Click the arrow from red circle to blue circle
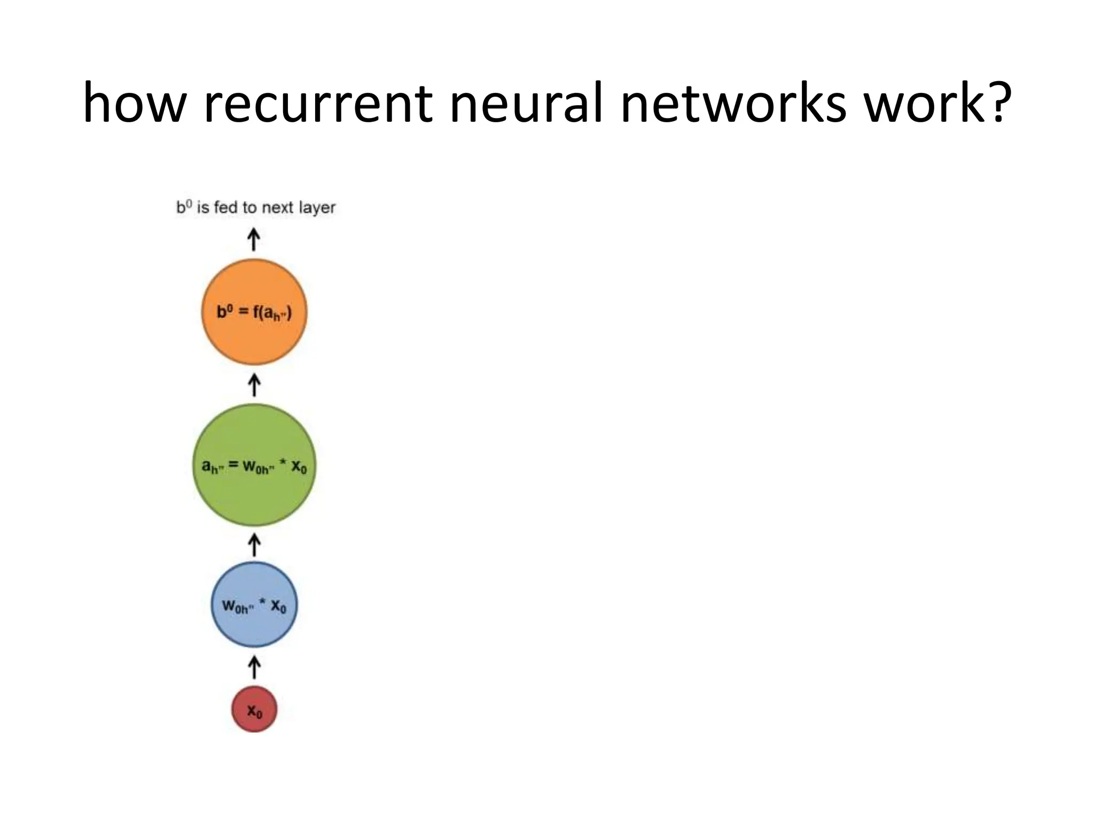[x=254, y=667]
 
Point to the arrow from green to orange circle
[x=254, y=385]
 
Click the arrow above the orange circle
[x=254, y=240]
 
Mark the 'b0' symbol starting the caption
[x=184, y=207]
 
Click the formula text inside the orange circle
[x=254, y=312]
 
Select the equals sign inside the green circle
[x=233, y=465]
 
